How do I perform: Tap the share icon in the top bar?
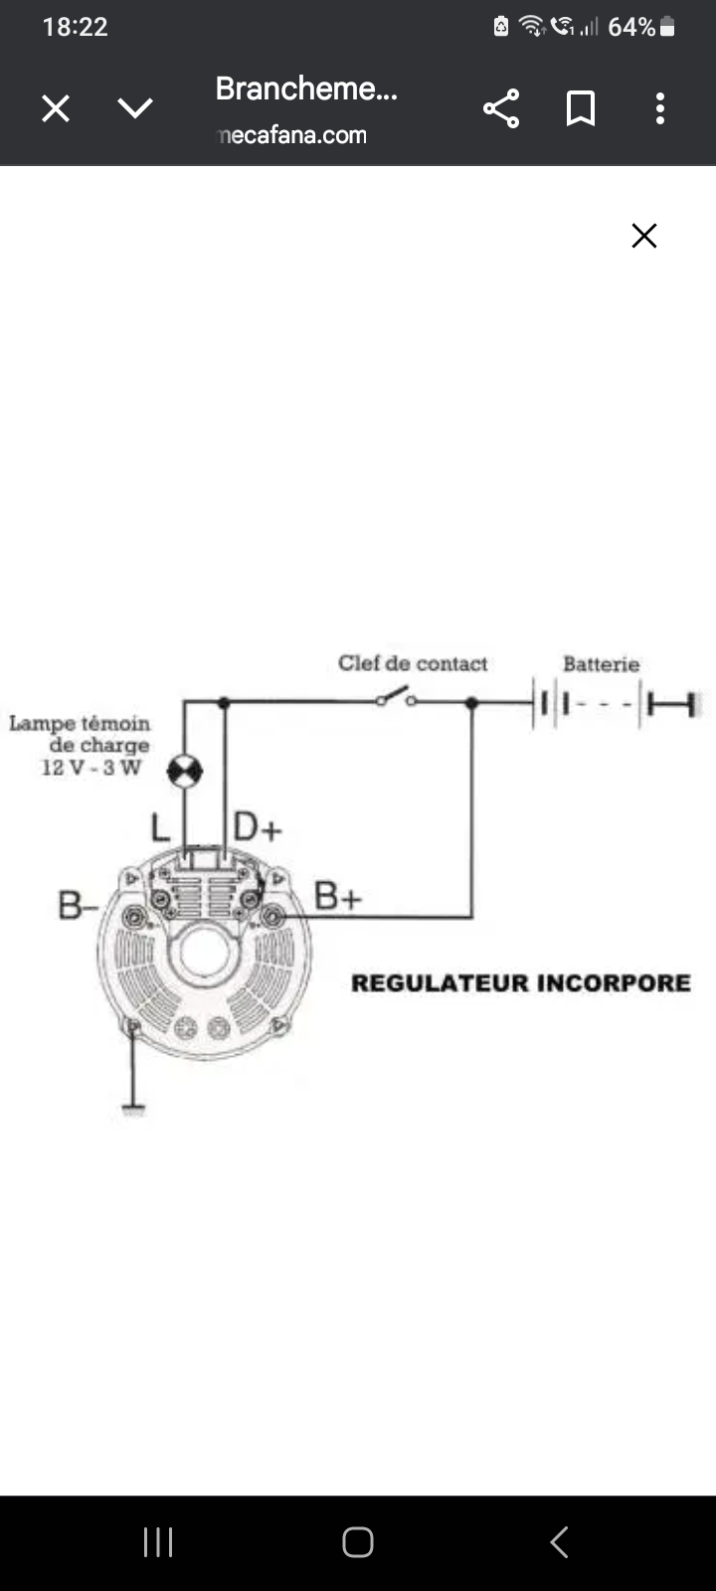(x=501, y=108)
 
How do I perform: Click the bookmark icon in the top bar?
(x=581, y=108)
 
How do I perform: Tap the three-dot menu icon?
(x=659, y=108)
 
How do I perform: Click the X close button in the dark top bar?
(x=56, y=108)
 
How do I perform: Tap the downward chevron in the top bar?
(x=135, y=108)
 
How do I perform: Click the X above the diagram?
(x=644, y=236)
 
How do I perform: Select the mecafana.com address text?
(x=292, y=135)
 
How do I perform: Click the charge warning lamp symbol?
(x=185, y=771)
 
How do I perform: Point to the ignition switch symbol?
(x=396, y=697)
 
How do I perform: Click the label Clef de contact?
(x=413, y=663)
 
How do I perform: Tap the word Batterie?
(x=601, y=664)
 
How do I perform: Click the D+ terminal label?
(x=258, y=827)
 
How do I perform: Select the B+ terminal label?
(x=338, y=896)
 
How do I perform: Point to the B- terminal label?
(x=78, y=905)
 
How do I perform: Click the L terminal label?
(x=160, y=827)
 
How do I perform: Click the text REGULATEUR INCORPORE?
(x=520, y=983)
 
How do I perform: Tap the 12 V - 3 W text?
(x=91, y=767)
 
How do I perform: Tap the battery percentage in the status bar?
(x=631, y=27)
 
